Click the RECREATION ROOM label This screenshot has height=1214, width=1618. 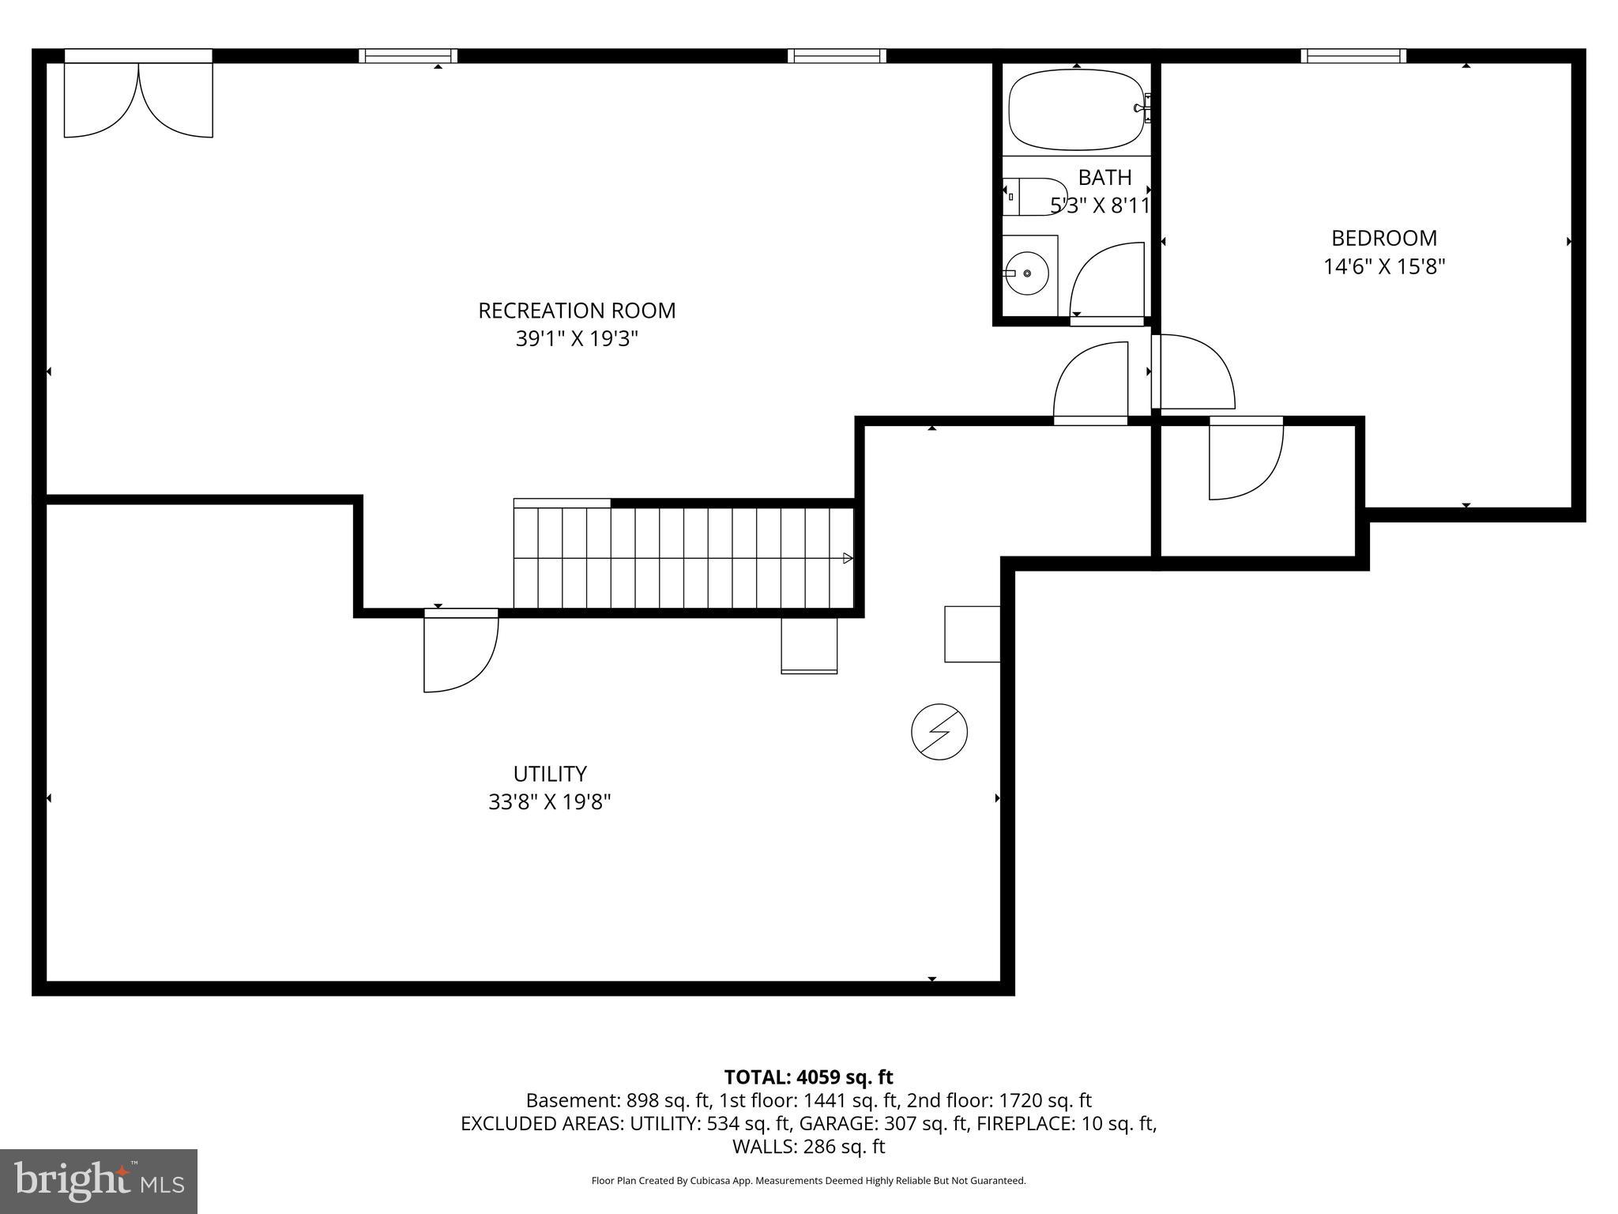click(577, 311)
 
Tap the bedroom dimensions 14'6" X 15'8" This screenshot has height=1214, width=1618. click(1384, 267)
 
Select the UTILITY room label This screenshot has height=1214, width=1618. click(550, 774)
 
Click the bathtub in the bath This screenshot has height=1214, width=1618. click(1077, 111)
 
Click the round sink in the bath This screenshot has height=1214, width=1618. click(1026, 273)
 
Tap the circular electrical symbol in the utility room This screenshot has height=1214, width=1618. click(939, 732)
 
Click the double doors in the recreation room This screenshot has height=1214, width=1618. click(138, 99)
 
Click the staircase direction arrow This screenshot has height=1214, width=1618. click(848, 558)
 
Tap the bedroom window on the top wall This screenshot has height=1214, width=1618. click(1353, 55)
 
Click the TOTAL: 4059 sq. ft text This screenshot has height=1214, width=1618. click(808, 1077)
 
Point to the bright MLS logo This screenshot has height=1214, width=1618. click(99, 1182)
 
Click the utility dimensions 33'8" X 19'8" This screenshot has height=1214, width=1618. click(550, 802)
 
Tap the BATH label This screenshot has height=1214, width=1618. click(1104, 178)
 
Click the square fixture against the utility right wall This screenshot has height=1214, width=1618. click(973, 634)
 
